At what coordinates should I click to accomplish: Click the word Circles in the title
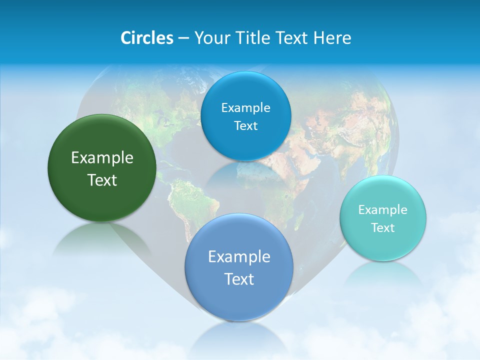point(146,38)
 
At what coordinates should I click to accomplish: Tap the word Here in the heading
point(332,38)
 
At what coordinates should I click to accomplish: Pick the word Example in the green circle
point(102,158)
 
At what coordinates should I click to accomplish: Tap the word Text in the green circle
point(102,180)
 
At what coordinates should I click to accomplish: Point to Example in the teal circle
point(383,210)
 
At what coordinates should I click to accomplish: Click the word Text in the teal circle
point(383,228)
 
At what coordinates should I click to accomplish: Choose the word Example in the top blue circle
point(245,108)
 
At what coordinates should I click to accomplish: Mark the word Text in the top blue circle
point(245,126)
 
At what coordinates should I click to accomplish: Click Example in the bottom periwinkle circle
point(239,257)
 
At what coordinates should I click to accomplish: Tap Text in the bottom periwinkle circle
point(239,279)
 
